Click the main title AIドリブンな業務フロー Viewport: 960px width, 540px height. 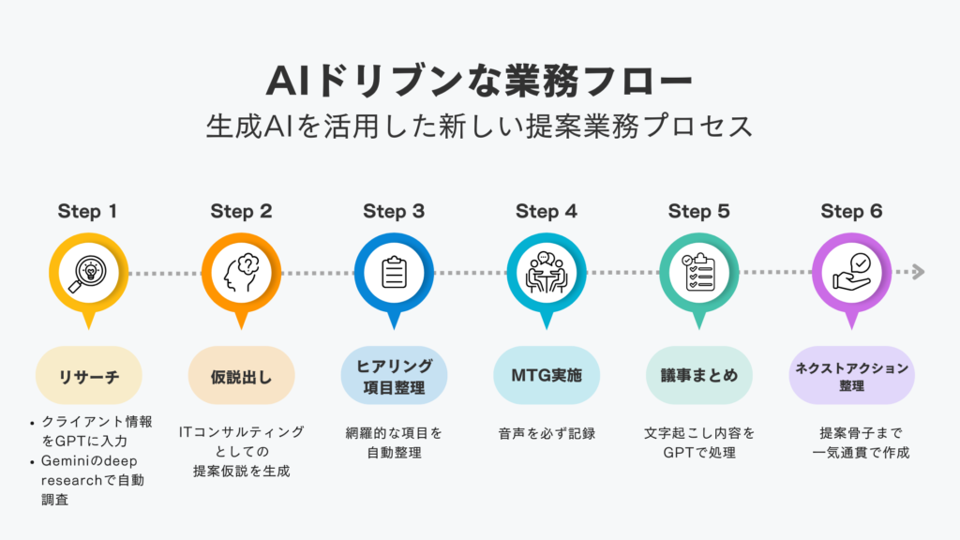pyautogui.click(x=479, y=82)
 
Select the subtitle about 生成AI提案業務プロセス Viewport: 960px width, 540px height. pyautogui.click(x=479, y=127)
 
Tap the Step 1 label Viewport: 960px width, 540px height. pyautogui.click(x=87, y=211)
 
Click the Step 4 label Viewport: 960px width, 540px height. pyautogui.click(x=546, y=211)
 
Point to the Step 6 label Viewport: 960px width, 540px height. pyautogui.click(x=851, y=211)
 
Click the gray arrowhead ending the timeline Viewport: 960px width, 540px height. pyautogui.click(x=918, y=272)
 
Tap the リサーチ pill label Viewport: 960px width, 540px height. pyautogui.click(x=88, y=375)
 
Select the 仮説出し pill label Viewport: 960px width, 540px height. pyautogui.click(x=241, y=375)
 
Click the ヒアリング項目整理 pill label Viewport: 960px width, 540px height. pyautogui.click(x=394, y=375)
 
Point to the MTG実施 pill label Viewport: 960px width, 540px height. pyautogui.click(x=546, y=375)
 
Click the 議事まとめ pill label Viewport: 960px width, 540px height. pyautogui.click(x=698, y=375)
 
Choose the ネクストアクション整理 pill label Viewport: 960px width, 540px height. pyautogui.click(x=851, y=375)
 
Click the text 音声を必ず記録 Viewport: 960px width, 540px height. pyautogui.click(x=546, y=434)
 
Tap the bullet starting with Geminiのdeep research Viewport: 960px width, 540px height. pyautogui.click(x=94, y=479)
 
